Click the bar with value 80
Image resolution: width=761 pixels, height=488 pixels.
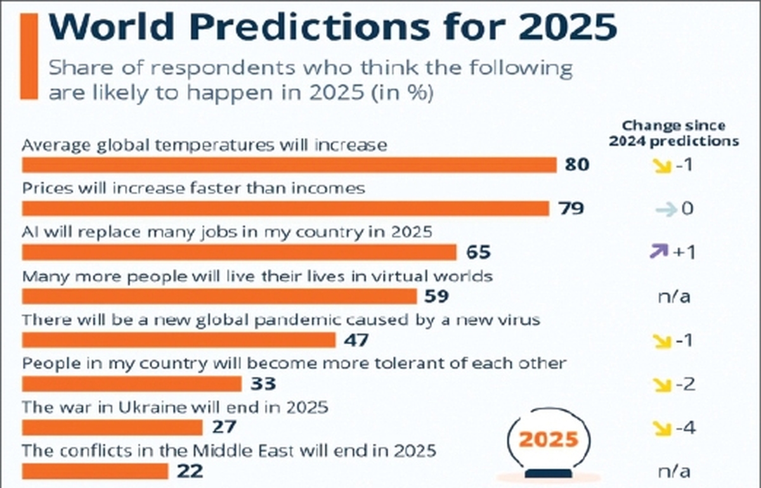pyautogui.click(x=289, y=165)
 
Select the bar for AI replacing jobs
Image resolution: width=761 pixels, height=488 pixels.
pyautogui.click(x=239, y=252)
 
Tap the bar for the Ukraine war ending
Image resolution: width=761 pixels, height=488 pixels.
pyautogui.click(x=112, y=427)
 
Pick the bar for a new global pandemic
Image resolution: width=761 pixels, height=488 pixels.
pyautogui.click(x=178, y=340)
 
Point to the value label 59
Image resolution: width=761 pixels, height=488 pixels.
pyautogui.click(x=436, y=296)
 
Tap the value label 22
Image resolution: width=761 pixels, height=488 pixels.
pyautogui.click(x=188, y=471)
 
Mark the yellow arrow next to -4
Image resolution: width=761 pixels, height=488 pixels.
pyautogui.click(x=662, y=428)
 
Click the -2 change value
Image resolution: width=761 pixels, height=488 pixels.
pyautogui.click(x=684, y=384)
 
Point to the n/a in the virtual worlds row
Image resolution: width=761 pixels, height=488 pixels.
pyautogui.click(x=674, y=296)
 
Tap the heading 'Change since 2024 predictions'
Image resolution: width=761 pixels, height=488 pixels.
pyautogui.click(x=673, y=133)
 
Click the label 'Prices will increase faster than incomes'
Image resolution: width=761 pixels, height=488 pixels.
pyautogui.click(x=193, y=188)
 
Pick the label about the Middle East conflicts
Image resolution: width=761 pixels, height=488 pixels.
pyautogui.click(x=229, y=451)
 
